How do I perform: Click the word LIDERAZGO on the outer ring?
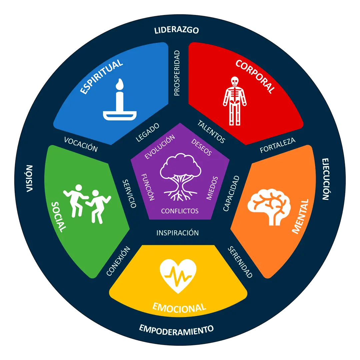coord(177,30)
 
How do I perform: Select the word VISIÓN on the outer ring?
coord(30,178)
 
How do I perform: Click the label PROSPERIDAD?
coord(177,73)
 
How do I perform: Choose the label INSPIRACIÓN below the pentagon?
coord(178,233)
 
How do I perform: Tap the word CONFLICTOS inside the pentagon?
coord(180,211)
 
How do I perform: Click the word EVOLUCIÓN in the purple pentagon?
coord(160,147)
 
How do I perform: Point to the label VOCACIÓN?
coord(81,144)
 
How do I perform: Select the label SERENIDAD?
coord(240,262)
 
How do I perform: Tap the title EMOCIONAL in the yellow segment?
coord(179,307)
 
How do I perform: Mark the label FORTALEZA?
coord(278,145)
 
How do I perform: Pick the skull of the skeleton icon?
coord(235,81)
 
